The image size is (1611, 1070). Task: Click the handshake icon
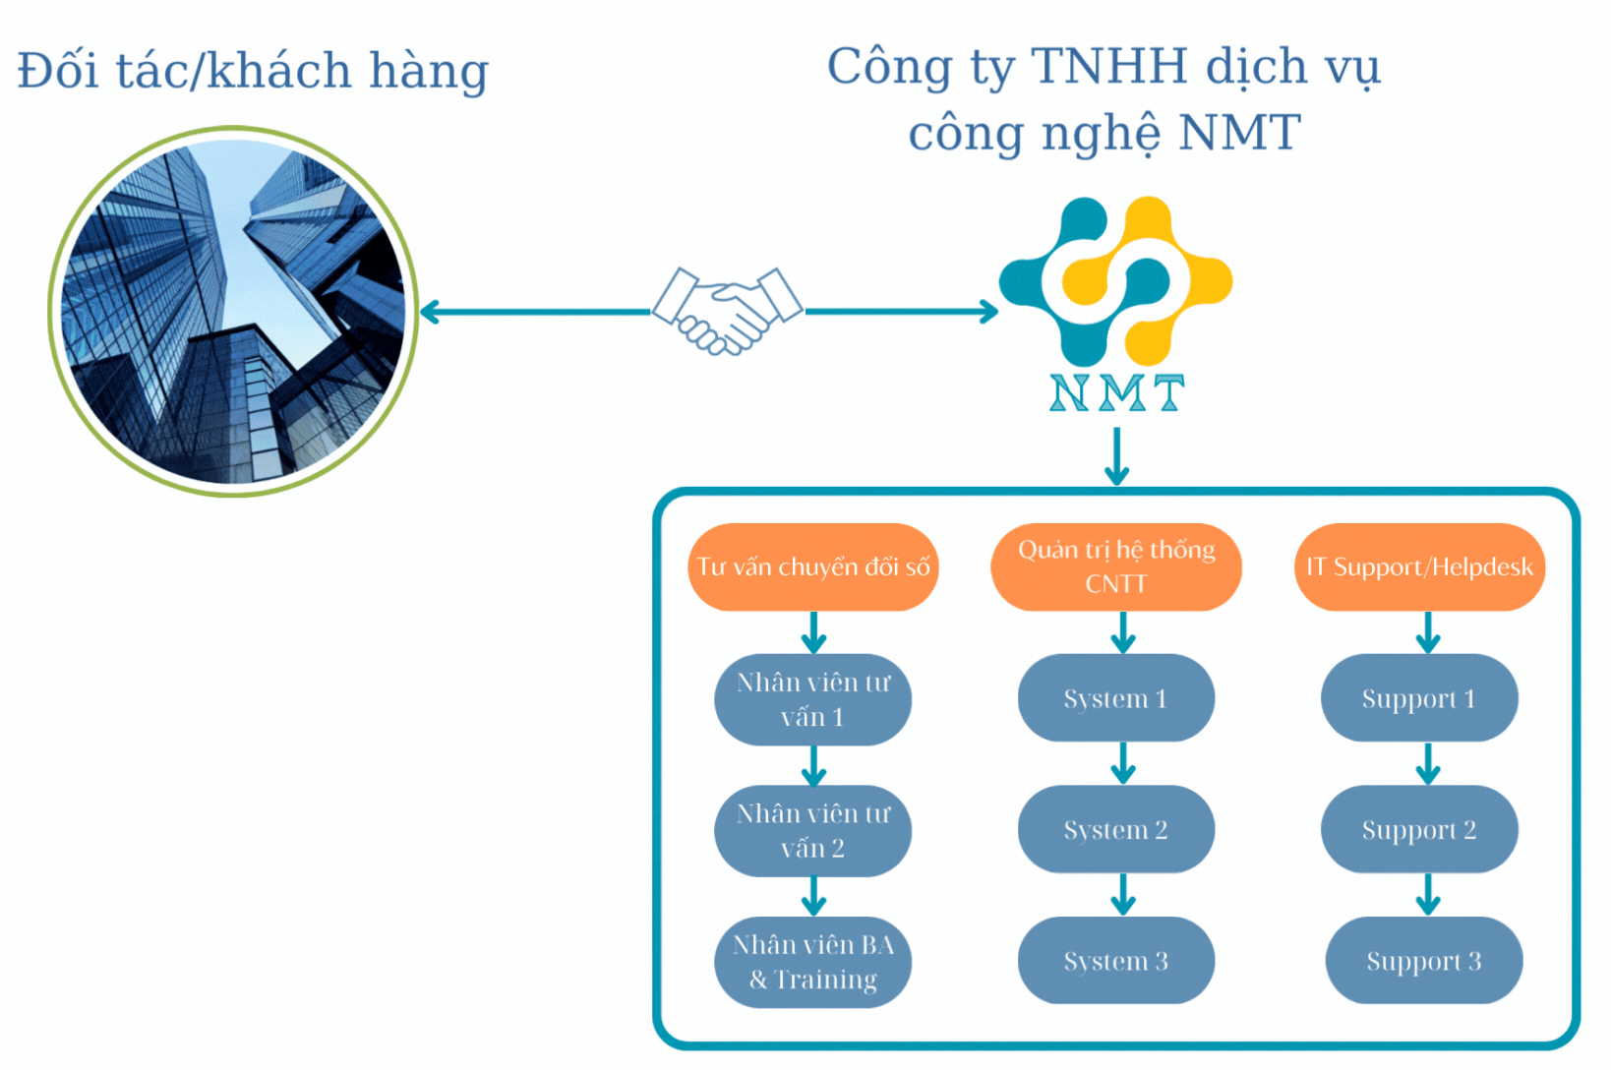coord(728,311)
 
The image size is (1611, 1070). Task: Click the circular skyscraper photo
coord(233,312)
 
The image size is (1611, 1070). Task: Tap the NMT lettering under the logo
coord(1116,393)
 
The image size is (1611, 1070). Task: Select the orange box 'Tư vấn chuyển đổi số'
coord(813,566)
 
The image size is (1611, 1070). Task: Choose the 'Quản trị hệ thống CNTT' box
coord(1116,566)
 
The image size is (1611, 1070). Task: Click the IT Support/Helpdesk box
coord(1419,566)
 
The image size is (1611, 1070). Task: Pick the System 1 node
coord(1116,698)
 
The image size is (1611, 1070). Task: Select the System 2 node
coord(1116,829)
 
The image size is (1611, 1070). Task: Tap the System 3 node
coord(1116,961)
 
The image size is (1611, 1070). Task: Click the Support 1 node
coord(1419,698)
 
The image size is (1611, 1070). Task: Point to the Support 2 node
coord(1419,829)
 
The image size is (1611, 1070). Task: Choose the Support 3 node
coord(1423,961)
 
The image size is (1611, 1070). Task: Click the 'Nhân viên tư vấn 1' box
coord(813,699)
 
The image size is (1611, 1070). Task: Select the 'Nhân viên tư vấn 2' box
coord(813,830)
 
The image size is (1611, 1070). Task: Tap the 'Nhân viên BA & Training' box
coord(813,962)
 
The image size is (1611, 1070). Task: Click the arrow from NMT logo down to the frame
coord(1116,456)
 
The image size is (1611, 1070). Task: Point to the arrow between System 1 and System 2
coord(1123,763)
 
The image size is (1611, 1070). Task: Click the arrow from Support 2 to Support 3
coord(1428,894)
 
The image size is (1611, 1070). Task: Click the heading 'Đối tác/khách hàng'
coord(253,71)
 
